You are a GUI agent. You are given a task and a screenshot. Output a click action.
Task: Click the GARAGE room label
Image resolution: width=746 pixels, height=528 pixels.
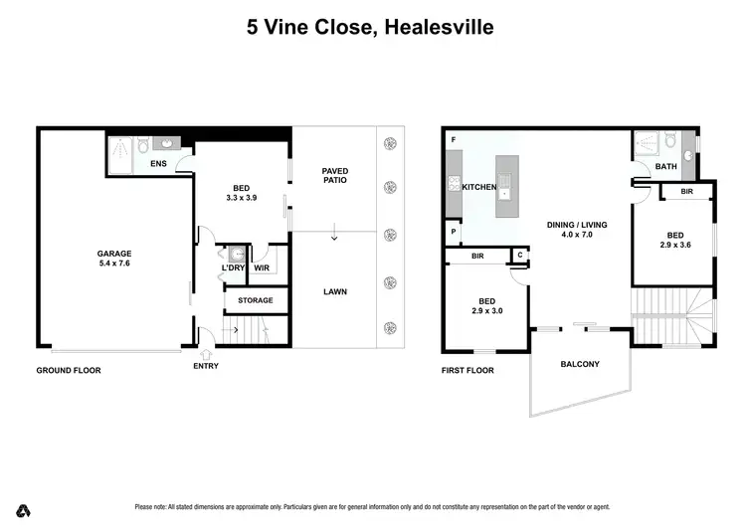pos(113,253)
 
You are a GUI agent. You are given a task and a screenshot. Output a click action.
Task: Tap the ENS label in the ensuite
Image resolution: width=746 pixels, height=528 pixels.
pos(158,163)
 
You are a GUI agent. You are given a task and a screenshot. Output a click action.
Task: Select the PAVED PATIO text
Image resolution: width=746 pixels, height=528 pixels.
pos(334,176)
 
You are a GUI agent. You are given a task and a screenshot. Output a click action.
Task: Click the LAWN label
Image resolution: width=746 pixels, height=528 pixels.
pos(334,292)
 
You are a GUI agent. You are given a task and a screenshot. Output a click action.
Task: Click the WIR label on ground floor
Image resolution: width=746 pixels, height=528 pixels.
pos(263,267)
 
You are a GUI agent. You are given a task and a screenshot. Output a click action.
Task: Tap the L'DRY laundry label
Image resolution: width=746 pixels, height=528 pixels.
pos(233,267)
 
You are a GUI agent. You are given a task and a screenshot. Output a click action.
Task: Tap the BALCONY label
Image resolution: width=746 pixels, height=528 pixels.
pos(580,364)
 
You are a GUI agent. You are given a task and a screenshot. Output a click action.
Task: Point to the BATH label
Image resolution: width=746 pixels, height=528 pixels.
pos(666,167)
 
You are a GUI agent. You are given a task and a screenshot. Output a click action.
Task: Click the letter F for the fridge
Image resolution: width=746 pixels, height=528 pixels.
pos(453,139)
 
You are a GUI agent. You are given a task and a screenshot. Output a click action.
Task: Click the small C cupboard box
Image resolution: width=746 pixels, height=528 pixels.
pos(519,256)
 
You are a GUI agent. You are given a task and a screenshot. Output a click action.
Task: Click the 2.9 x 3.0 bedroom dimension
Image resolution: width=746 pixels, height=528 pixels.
pos(487,311)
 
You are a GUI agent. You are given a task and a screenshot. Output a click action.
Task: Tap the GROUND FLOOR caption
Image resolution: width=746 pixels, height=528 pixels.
pos(69,370)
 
